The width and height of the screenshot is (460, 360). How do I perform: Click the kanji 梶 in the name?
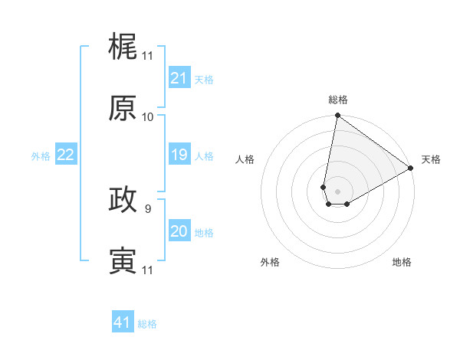pos(123,47)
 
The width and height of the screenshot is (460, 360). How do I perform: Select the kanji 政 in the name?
pos(123,199)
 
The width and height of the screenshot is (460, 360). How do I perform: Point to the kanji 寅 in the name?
pos(123,260)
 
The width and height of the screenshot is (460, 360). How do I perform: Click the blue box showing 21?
pos(179,78)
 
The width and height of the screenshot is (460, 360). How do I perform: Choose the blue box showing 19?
pos(179,155)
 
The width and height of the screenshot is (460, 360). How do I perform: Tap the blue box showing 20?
pos(179,231)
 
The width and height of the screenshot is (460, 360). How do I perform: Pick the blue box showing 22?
pos(65,155)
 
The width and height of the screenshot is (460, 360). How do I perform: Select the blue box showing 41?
pos(122,322)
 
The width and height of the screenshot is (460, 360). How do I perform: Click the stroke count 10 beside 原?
pos(147,117)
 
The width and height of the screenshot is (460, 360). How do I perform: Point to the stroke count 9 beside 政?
pos(147,208)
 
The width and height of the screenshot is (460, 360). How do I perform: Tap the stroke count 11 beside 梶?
pos(147,56)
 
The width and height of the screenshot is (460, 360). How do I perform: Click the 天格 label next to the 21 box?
pos(204,79)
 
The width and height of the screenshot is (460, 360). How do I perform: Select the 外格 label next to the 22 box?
pos(41,155)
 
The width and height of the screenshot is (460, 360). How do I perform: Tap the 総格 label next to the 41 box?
pos(147,323)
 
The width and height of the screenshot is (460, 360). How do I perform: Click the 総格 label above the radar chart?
pos(337,100)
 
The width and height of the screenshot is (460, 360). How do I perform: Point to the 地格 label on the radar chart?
pos(402,262)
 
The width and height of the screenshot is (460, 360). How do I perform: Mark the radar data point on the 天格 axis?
pos(411,168)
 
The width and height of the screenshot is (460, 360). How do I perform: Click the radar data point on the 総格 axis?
pos(337,116)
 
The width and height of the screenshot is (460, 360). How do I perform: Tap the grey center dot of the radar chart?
pos(337,191)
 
